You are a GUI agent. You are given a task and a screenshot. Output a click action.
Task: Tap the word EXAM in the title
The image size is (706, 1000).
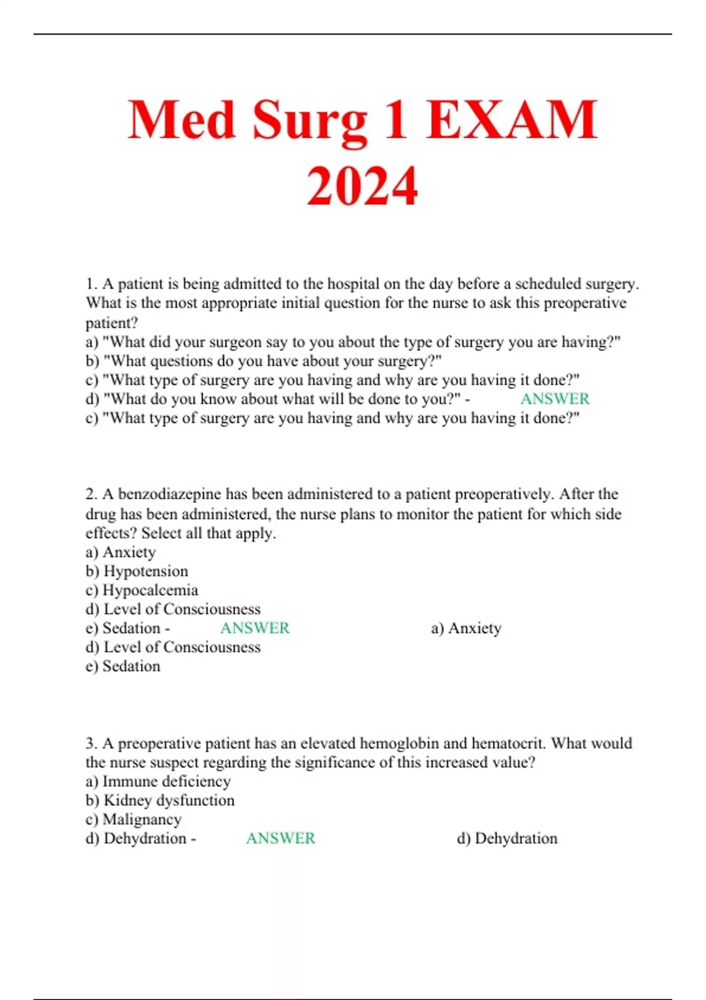[x=512, y=121]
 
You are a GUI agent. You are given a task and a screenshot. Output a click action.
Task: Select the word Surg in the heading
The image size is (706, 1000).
[x=309, y=121]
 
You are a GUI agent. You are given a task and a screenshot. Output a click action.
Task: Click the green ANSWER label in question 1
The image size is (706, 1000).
[x=555, y=399]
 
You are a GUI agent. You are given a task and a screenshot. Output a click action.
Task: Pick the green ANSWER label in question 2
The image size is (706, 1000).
[x=255, y=628]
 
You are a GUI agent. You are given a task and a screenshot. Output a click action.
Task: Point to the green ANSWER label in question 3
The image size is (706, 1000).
[x=281, y=838]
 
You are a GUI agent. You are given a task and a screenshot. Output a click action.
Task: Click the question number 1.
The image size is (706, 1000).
[x=91, y=284]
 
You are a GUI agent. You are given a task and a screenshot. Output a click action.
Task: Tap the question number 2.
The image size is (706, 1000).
[x=91, y=494]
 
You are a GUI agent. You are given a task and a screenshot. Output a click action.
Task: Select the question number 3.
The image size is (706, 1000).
[x=91, y=744]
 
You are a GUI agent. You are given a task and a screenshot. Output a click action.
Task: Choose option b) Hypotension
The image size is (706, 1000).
[x=137, y=571]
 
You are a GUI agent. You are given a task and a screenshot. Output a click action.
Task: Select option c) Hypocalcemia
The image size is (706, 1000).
[x=142, y=590]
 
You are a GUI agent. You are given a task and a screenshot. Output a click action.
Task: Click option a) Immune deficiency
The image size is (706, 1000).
[x=158, y=781]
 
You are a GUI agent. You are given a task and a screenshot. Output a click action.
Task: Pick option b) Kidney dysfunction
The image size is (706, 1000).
[x=160, y=800]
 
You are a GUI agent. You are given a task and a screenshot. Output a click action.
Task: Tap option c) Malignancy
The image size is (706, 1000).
[x=134, y=819]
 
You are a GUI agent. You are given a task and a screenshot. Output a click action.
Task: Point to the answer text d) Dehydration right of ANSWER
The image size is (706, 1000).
[x=507, y=838]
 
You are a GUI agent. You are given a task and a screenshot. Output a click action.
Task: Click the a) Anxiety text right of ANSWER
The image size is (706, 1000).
[x=467, y=628]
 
